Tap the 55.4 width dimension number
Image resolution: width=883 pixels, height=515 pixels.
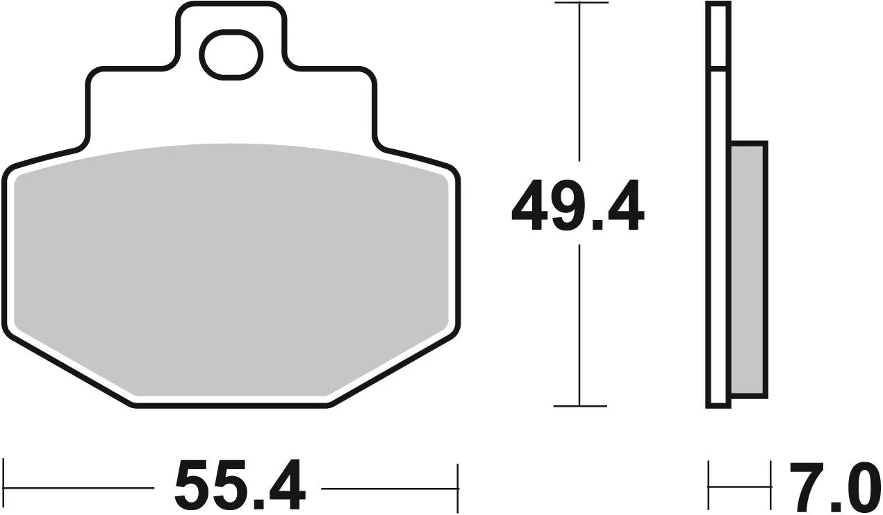point(239,485)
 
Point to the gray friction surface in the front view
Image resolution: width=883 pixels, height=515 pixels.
point(229,271)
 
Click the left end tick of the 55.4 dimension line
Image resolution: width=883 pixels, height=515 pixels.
point(5,485)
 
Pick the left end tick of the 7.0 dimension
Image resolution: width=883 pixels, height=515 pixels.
point(709,485)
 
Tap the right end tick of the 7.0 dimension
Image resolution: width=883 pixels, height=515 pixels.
point(770,485)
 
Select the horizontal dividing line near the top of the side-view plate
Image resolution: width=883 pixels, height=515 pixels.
point(718,69)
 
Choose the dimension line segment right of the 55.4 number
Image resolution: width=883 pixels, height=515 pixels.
point(389,487)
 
